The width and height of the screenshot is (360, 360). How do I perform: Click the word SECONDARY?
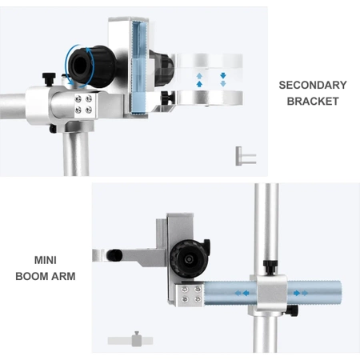click(x=313, y=85)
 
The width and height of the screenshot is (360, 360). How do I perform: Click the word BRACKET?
click(x=313, y=102)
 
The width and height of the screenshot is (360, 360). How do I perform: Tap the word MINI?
click(x=46, y=260)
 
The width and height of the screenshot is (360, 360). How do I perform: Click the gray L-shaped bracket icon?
click(x=246, y=156)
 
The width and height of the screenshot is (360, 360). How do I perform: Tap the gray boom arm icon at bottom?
click(x=130, y=340)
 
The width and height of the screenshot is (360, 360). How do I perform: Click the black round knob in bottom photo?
click(x=190, y=258)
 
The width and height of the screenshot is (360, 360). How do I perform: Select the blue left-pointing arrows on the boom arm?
click(x=242, y=294)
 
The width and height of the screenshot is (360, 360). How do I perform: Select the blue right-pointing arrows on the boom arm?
click(x=301, y=294)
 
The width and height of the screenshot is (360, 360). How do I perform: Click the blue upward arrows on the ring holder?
click(x=199, y=80)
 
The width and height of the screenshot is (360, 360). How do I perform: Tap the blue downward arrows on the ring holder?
click(x=223, y=79)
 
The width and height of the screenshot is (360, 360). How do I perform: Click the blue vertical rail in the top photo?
click(x=139, y=68)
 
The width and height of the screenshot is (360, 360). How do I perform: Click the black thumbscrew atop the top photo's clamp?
click(x=49, y=79)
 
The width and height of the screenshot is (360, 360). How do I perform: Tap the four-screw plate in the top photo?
click(x=83, y=104)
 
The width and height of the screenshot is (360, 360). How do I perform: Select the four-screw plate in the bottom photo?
click(x=190, y=294)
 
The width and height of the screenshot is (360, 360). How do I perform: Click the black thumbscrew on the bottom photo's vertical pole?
click(x=270, y=266)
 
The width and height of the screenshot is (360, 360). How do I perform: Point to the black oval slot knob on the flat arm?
click(x=114, y=255)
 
